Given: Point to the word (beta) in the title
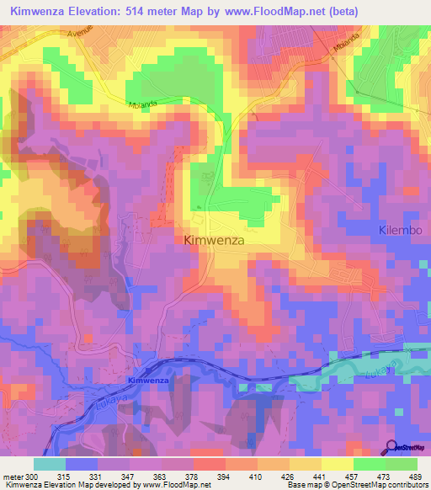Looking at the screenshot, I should [343, 12].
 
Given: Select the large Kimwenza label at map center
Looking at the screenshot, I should [214, 240].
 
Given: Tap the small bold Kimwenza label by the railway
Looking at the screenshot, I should [148, 381].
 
